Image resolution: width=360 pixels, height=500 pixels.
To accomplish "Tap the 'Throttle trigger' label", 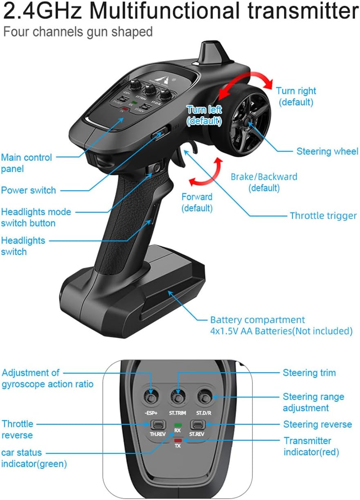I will point(323,216).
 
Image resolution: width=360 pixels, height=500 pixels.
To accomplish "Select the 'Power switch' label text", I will point(28,190).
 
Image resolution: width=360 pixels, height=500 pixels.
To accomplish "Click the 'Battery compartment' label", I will point(257,320).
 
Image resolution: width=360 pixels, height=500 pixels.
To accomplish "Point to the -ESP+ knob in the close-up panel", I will point(152,398).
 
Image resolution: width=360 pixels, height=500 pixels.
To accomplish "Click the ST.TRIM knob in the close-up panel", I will point(178,397).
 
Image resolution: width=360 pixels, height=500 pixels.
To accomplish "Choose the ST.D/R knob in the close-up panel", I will point(203,396).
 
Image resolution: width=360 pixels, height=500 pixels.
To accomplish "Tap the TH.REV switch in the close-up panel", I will point(157,424).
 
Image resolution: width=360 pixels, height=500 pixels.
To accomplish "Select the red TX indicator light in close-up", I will point(178,440).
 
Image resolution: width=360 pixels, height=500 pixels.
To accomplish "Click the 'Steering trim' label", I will point(309,373).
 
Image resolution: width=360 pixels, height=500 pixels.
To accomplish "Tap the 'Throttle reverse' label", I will point(17,429).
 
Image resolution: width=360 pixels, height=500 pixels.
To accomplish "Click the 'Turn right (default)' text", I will point(296,96).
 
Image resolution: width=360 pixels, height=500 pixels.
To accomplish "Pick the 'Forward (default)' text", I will point(197,203).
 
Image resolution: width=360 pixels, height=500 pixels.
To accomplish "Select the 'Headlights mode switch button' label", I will point(36,217).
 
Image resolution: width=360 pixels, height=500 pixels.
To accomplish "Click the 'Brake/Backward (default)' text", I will point(264,182).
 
